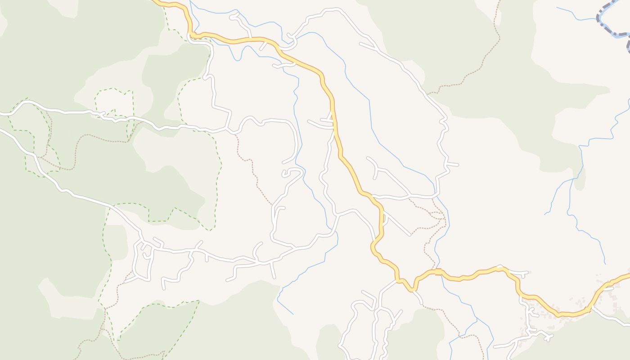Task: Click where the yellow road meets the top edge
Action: (x=155, y=1)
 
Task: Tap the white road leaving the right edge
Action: (x=625, y=323)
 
